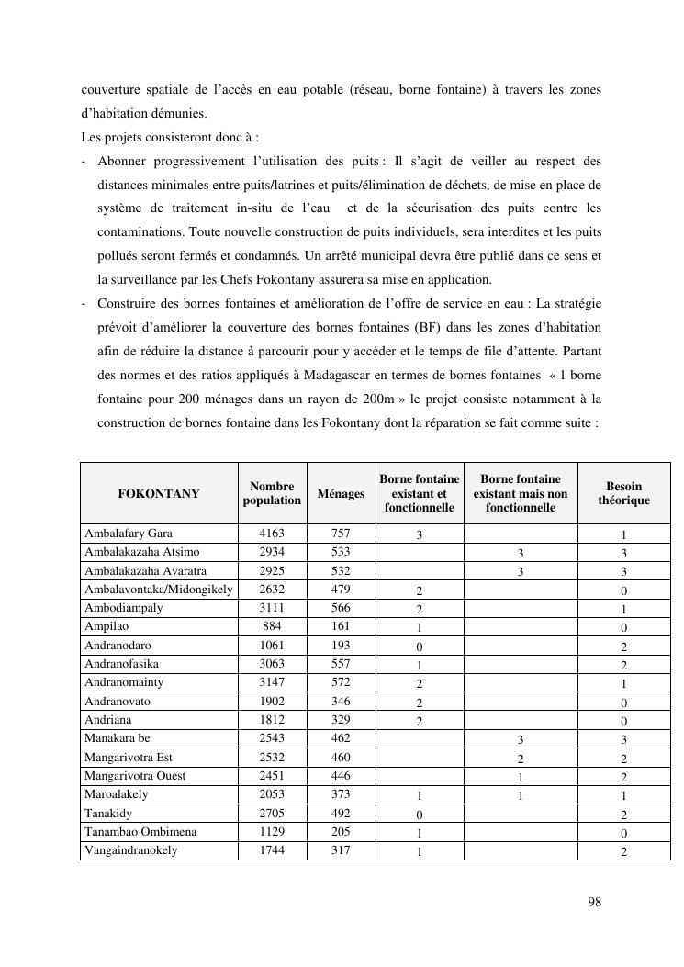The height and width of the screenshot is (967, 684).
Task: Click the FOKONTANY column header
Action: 158,494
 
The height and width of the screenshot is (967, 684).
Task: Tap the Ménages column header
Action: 341,494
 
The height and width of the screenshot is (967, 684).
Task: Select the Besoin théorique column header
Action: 623,493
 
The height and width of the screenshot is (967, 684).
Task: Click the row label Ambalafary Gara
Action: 129,534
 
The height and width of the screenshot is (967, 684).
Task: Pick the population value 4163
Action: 272,534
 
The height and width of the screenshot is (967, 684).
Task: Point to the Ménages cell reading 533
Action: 341,552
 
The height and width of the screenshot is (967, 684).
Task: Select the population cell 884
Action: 272,627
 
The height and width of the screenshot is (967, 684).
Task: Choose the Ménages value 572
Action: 341,683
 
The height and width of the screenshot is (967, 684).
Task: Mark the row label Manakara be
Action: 117,738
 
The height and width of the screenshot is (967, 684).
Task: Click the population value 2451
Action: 272,776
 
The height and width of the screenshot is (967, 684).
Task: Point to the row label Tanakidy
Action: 108,813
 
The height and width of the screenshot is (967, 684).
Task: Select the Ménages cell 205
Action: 341,832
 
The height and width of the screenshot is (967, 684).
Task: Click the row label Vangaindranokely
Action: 131,850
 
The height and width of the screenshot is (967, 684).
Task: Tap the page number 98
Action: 595,903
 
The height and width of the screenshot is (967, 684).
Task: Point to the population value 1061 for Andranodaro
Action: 272,646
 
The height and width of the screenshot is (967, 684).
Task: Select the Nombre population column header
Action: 272,494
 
